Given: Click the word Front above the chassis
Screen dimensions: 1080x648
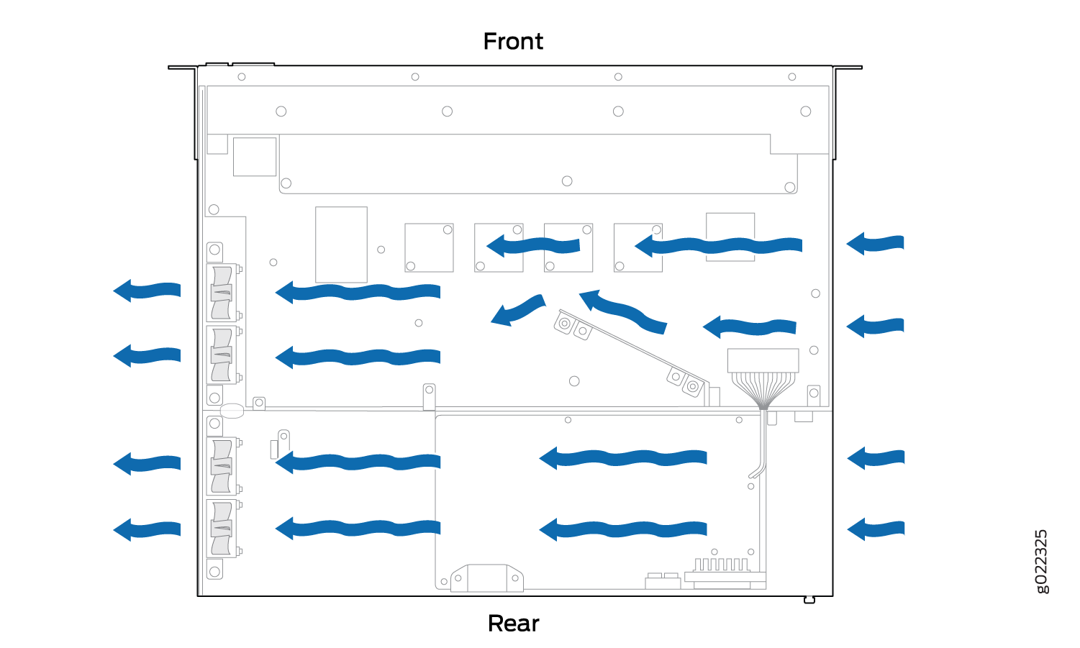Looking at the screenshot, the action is pos(513,42).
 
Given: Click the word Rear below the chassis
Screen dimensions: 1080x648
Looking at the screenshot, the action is pos(513,624).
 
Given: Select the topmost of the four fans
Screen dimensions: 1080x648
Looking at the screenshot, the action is pos(222,293).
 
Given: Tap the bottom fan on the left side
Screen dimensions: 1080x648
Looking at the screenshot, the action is pos(222,529).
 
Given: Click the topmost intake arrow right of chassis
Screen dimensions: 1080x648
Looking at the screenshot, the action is pos(875,243).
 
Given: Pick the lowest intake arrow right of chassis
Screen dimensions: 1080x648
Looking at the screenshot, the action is pos(876,529).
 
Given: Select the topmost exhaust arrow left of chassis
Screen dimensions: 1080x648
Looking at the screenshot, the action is pos(147,291).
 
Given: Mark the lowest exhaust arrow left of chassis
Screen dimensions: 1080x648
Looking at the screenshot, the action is pos(147,529).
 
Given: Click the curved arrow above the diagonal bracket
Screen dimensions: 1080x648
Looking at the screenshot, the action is pos(622,311).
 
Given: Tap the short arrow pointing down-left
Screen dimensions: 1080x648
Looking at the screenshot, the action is pos(518,310).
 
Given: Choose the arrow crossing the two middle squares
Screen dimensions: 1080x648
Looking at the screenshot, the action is pos(532,246).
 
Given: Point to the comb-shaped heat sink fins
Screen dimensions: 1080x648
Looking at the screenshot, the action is pos(722,565).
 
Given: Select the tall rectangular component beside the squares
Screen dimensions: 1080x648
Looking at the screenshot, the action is pos(341,245).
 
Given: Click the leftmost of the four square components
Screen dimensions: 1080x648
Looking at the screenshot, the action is pos(429,247).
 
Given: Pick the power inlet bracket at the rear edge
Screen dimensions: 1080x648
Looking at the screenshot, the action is pos(487,578).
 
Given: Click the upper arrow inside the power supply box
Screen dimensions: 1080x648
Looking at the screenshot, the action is pos(623,457).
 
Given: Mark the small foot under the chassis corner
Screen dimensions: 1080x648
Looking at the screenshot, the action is pos(809,600).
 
